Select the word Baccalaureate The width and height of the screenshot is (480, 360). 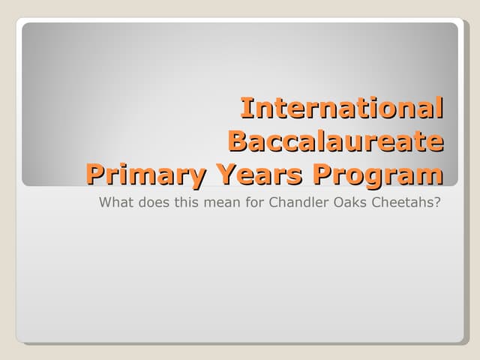[x=335, y=141]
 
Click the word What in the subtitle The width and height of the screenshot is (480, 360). [x=115, y=202]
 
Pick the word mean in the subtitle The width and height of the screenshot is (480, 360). [x=218, y=202]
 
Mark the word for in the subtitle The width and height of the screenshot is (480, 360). [x=251, y=202]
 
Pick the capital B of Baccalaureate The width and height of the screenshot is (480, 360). [x=237, y=141]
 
